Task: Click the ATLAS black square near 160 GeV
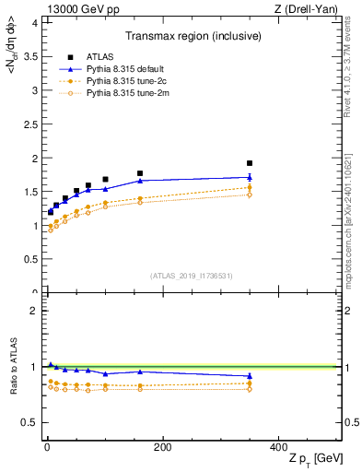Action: (x=140, y=173)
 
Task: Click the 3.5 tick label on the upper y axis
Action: (x=31, y=56)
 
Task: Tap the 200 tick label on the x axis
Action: (x=162, y=448)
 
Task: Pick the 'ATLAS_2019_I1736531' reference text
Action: (x=193, y=277)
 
